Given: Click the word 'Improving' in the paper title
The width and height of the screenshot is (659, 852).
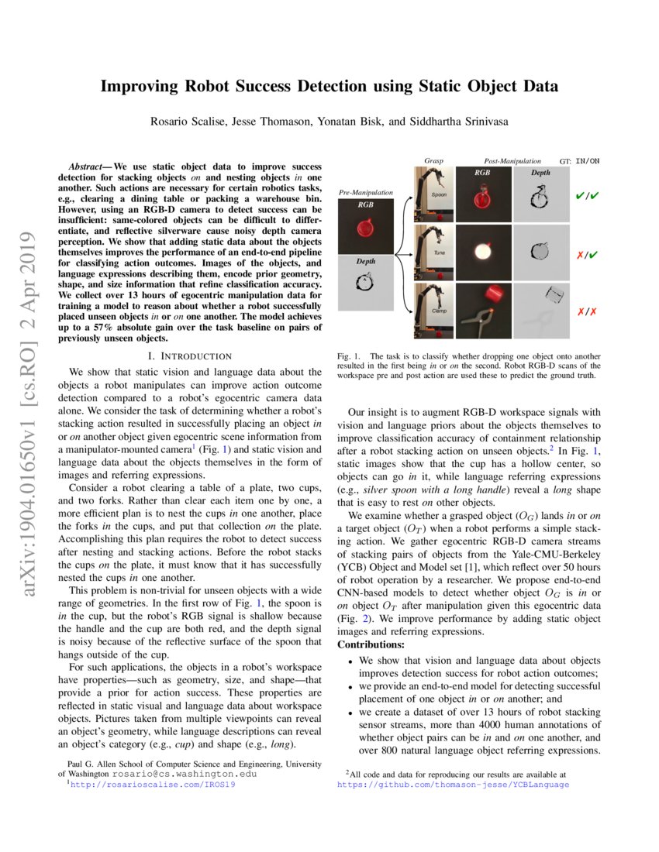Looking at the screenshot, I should [x=136, y=86].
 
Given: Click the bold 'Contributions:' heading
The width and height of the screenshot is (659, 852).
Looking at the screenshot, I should [x=371, y=644].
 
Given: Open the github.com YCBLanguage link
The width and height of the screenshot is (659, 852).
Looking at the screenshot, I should [x=453, y=785].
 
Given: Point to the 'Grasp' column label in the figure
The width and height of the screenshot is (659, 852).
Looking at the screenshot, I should [x=433, y=160].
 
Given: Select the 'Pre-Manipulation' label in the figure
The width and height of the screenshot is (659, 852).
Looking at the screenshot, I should [x=366, y=191].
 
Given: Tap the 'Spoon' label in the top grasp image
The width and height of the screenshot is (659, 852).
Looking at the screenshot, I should [x=439, y=195].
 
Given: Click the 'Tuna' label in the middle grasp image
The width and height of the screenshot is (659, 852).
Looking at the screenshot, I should [x=438, y=253].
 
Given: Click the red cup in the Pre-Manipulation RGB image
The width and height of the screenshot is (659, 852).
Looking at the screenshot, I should [x=365, y=229].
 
